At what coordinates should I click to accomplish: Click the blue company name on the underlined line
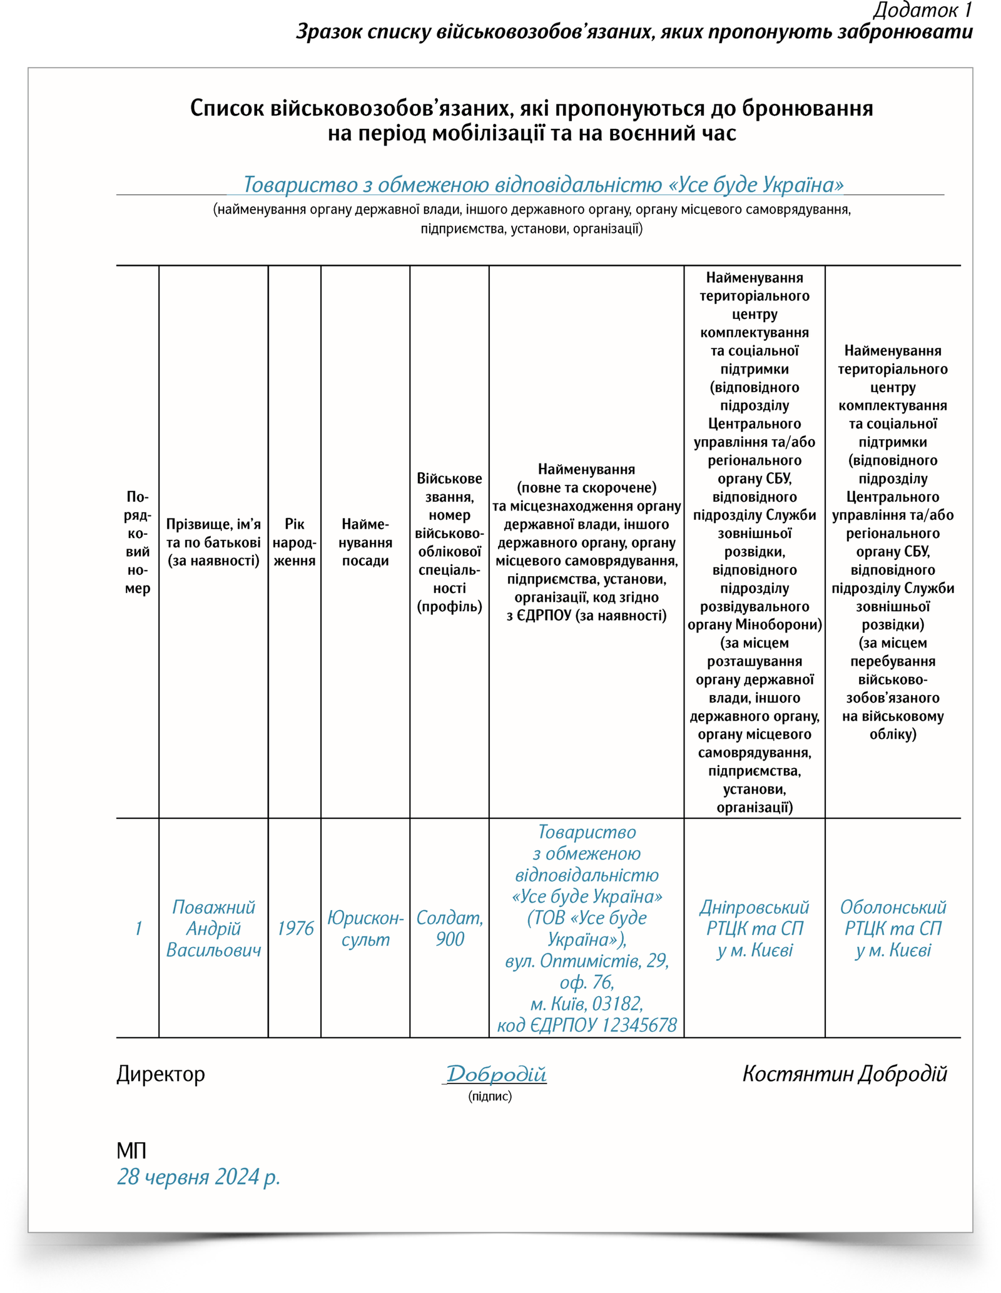pos(542,185)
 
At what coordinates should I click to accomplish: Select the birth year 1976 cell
pos(295,928)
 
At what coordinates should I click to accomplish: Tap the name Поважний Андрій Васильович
pos(213,928)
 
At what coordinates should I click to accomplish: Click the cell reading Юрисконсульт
pos(365,928)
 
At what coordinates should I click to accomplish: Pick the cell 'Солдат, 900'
pos(449,928)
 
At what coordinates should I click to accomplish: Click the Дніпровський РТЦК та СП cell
pos(754,928)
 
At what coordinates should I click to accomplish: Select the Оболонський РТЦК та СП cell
pos(892,928)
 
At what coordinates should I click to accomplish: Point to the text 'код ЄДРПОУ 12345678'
pos(586,1025)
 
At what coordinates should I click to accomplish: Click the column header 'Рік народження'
pos(295,542)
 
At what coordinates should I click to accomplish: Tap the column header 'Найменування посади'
pos(365,542)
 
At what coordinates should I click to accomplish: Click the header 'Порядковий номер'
pos(138,542)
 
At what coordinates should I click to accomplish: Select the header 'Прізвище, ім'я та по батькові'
pos(213,542)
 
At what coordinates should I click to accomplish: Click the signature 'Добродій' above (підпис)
pos(495,1074)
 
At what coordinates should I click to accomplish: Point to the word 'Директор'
pos(161,1074)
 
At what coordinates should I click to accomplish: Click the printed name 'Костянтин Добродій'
pos(844,1074)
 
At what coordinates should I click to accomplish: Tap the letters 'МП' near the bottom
pos(131,1150)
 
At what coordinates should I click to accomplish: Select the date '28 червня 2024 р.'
pos(198,1177)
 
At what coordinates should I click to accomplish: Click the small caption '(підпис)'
pos(489,1096)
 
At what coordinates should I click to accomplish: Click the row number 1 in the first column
pos(138,928)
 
